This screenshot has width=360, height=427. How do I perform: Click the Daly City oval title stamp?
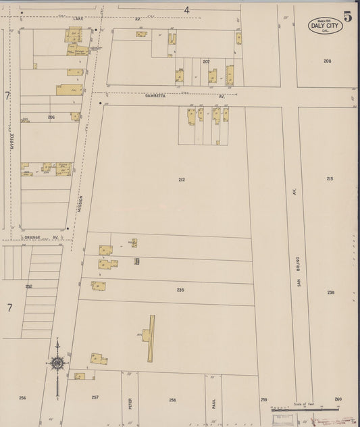(325, 26)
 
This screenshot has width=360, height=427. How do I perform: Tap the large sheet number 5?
(348, 17)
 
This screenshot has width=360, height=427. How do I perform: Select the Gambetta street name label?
(155, 97)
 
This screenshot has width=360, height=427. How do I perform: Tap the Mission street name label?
(80, 204)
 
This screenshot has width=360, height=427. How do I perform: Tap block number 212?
(182, 179)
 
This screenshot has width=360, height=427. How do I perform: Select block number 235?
(180, 290)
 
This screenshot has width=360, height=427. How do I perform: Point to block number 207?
(206, 61)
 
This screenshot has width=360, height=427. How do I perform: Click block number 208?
(327, 61)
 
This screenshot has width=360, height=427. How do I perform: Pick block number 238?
(330, 293)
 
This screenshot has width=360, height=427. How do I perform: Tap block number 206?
(51, 118)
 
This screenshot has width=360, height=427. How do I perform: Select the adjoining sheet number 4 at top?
(186, 9)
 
